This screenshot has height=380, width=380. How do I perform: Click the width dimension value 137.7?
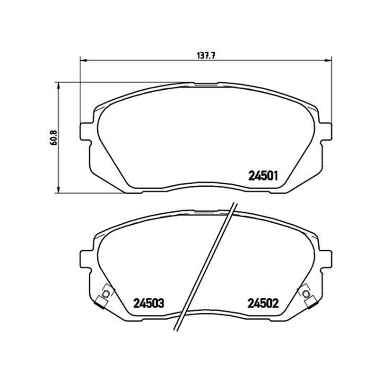[206, 56]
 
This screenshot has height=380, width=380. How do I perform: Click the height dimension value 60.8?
[54, 138]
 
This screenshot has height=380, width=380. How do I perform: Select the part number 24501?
[263, 176]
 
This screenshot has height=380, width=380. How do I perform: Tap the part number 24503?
[149, 303]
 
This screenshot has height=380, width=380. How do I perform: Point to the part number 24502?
[263, 303]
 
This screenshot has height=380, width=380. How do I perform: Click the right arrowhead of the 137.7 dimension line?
[329, 60]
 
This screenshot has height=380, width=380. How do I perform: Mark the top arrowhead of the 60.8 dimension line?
[58, 85]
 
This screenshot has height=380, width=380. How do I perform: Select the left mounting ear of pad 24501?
[85, 132]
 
